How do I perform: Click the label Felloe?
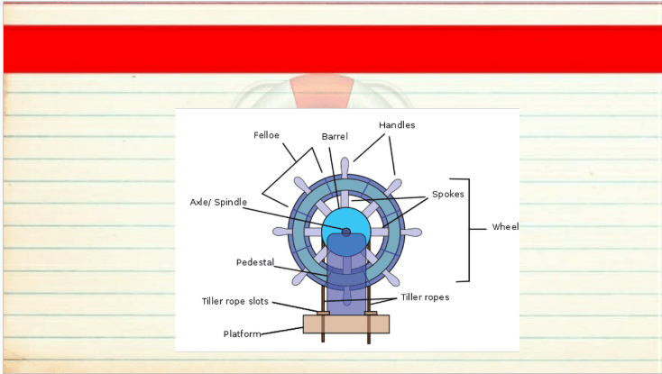coord(266,135)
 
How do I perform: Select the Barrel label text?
coord(335,137)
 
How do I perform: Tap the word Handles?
coord(397,125)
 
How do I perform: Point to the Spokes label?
coord(448,195)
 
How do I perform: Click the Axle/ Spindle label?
coord(218,203)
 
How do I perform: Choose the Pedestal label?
coord(255,262)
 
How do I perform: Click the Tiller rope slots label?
coord(235,302)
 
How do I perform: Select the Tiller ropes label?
coord(425,297)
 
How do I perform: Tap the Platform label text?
coord(243,334)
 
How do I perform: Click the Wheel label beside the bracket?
coord(505,227)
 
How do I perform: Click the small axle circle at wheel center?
coord(346,233)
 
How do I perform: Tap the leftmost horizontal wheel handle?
coord(282,232)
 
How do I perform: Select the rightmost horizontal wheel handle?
coord(410,233)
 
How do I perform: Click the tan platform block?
coord(346,324)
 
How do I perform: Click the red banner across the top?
coord(333,49)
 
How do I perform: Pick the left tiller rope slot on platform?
coord(324,314)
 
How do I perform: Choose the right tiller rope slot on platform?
coord(371,314)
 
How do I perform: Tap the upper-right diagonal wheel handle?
coord(392,187)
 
